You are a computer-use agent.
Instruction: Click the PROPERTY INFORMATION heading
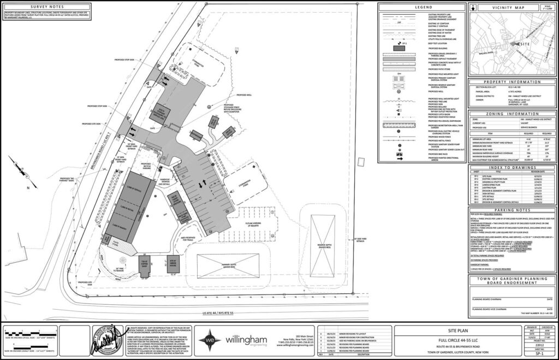click(x=512, y=81)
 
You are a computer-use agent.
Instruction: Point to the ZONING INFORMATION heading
click(x=512, y=114)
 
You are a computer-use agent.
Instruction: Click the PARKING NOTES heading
click(x=512, y=209)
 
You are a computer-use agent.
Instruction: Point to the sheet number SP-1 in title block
click(x=538, y=354)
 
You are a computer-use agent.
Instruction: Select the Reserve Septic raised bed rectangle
click(x=322, y=237)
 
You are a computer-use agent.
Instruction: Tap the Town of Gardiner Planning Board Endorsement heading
click(x=512, y=282)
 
